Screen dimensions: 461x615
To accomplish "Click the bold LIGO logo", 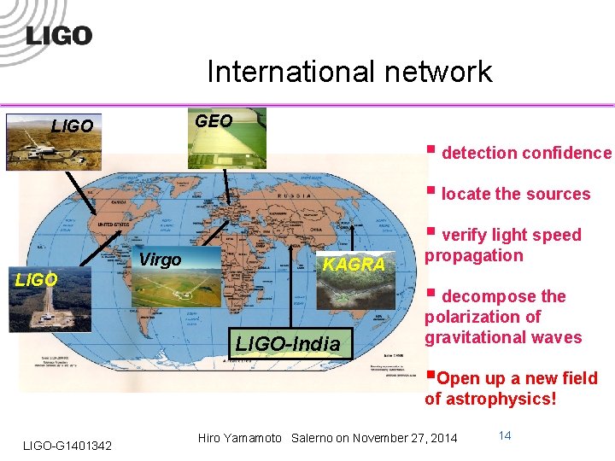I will [x=58, y=36].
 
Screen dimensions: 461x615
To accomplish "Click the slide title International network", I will [x=349, y=72].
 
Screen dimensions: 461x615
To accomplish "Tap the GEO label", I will [x=214, y=121].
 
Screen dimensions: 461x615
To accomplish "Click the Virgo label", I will [x=160, y=260].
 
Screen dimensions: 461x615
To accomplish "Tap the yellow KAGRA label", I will [x=354, y=265].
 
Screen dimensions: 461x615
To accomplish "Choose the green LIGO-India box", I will [x=287, y=344].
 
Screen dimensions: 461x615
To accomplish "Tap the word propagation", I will [x=473, y=255].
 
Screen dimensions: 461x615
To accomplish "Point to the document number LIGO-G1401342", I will [x=67, y=446].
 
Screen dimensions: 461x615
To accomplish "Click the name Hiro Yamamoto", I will [x=240, y=439].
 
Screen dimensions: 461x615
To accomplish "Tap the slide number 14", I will [x=504, y=435].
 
